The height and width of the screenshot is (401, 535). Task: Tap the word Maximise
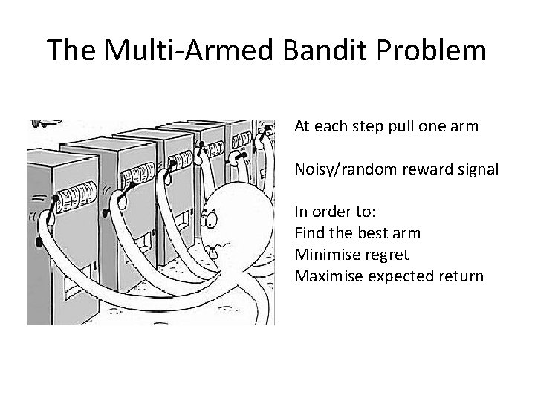(326, 276)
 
